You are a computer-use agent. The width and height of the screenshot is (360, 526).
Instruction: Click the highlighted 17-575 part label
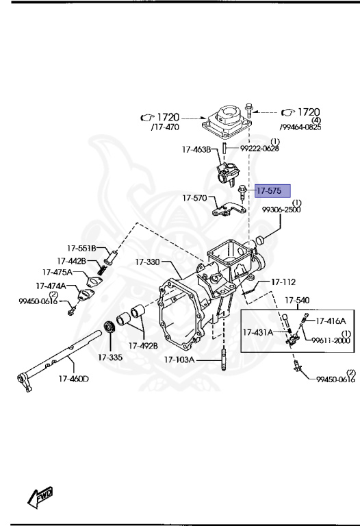pyautogui.click(x=272, y=190)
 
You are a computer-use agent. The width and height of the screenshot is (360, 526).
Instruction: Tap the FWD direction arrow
pyautogui.click(x=41, y=498)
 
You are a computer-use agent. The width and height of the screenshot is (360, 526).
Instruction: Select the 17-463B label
pyautogui.click(x=196, y=149)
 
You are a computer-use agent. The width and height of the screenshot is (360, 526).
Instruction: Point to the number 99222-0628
pyautogui.click(x=259, y=149)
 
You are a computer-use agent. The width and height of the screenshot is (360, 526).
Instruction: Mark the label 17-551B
pyautogui.click(x=81, y=248)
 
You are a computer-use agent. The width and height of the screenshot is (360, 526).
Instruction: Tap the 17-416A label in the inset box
pyautogui.click(x=331, y=320)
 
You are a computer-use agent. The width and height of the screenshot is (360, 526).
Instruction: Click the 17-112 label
pyautogui.click(x=283, y=281)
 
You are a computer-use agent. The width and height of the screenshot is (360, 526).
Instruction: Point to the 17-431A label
pyautogui.click(x=258, y=332)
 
